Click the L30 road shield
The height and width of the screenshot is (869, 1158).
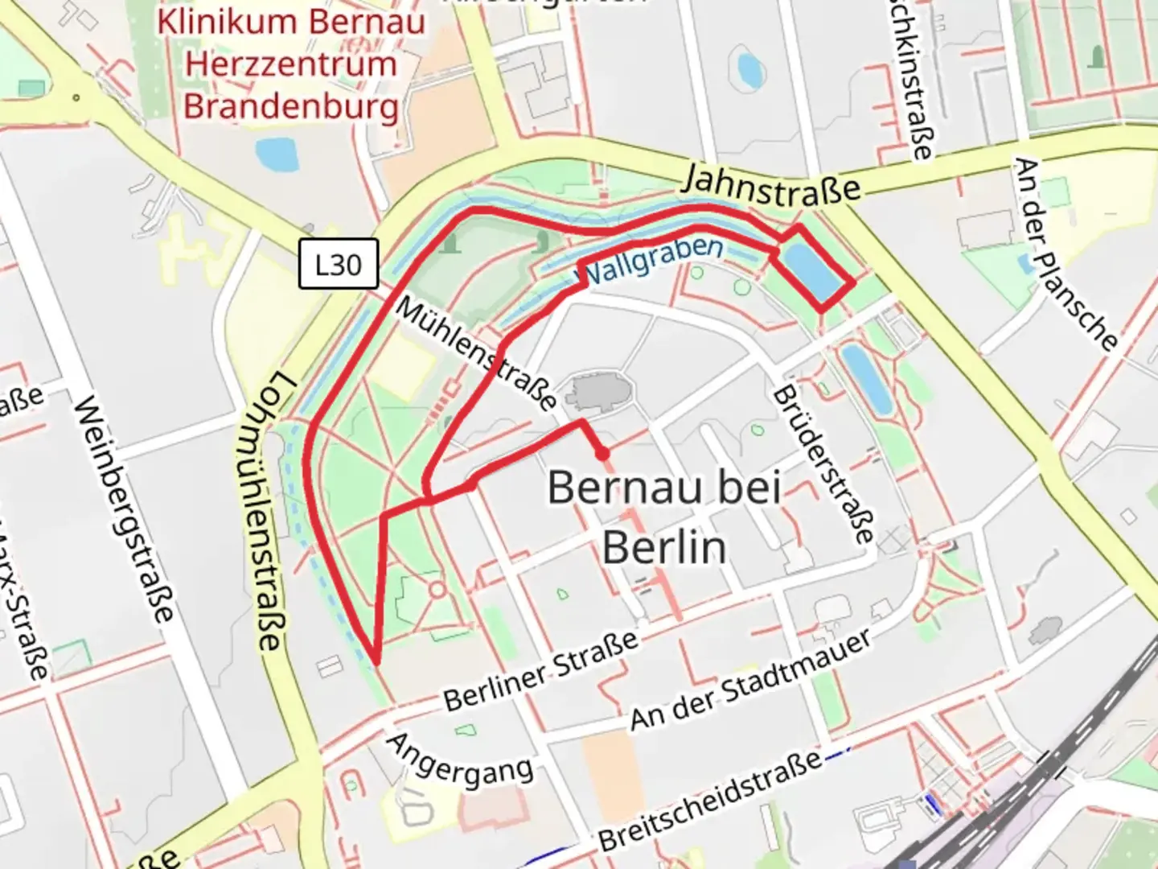338,264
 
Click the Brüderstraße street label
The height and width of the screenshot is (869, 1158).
822,465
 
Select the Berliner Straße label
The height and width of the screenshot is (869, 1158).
541,671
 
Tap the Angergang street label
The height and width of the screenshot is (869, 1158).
459,760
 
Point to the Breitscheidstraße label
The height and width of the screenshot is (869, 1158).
712,800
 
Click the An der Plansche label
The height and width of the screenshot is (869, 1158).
1065,253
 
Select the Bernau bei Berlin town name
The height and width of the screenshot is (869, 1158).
664,517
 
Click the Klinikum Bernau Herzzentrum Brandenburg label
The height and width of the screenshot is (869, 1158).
290,64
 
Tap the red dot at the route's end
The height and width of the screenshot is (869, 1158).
602,455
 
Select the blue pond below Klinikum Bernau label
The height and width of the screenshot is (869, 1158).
276,154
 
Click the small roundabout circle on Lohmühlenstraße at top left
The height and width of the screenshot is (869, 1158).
76,98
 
